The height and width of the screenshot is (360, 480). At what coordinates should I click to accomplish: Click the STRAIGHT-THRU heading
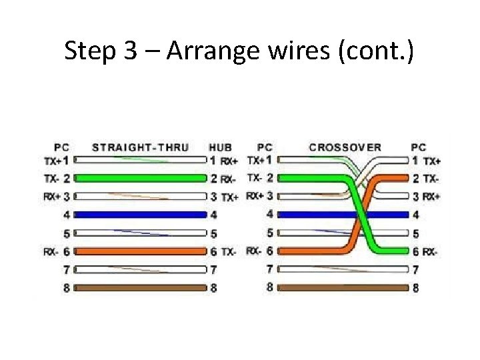coord(140,147)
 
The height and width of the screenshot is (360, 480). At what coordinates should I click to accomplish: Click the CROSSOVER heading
coord(345,147)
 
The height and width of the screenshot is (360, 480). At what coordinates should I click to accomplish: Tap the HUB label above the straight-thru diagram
coord(220,147)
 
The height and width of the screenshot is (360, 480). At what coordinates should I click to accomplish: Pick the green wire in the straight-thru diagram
coord(140,178)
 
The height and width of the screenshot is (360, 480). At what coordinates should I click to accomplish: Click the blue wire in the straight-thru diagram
coord(140,215)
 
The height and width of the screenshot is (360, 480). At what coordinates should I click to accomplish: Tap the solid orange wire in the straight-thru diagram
coord(140,251)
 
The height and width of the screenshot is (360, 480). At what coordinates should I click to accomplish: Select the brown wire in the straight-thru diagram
coord(140,288)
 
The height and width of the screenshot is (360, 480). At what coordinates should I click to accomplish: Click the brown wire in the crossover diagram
coord(341,288)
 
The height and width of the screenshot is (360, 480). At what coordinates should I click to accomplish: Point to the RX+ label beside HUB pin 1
coord(229,161)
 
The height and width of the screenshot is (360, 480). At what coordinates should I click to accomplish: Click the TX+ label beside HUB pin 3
coord(229,197)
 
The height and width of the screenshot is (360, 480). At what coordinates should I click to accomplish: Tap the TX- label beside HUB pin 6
coord(229,252)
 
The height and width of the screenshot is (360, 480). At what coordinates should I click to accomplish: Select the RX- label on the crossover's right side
coord(431,252)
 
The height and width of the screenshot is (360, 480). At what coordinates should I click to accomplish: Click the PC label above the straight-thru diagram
coord(61,147)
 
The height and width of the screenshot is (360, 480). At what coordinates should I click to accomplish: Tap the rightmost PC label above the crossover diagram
coord(419,147)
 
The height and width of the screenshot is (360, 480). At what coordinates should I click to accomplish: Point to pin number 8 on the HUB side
coord(213,289)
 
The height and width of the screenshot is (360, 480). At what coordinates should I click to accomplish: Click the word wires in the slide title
coord(301,51)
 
